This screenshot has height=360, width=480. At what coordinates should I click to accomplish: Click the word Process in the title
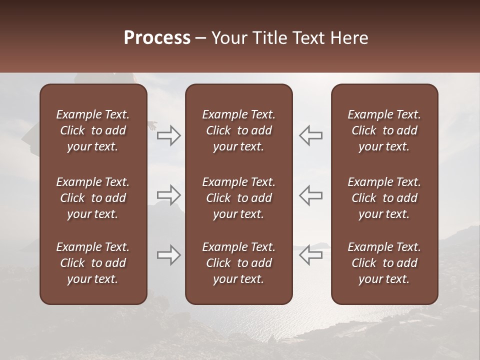[x=157, y=38]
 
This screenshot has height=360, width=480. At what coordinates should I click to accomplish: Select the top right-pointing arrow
[x=168, y=135]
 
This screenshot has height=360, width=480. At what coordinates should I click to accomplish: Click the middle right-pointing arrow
[x=168, y=195]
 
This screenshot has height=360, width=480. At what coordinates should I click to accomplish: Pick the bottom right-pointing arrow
[x=168, y=255]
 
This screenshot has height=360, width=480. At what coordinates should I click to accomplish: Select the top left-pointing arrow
[x=311, y=135]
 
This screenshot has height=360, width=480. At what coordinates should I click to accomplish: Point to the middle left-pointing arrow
[x=311, y=195]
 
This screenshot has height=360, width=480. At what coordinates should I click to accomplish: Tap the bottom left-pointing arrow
[x=311, y=255]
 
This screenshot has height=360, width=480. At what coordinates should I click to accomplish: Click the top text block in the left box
[x=93, y=130]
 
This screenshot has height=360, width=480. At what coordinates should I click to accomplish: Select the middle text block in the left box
[x=93, y=198]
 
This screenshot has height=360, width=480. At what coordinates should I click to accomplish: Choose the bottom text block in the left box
[x=93, y=263]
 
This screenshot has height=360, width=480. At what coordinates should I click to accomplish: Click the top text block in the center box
[x=239, y=130]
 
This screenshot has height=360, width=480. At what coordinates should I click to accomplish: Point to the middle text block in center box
[x=239, y=198]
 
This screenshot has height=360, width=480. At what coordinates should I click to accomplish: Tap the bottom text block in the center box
[x=239, y=263]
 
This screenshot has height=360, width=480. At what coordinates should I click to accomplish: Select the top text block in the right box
[x=384, y=130]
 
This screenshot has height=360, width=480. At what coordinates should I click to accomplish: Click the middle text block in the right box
[x=384, y=198]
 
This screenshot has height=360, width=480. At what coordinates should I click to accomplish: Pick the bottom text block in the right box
[x=384, y=263]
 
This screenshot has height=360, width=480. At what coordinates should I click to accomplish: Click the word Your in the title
[x=227, y=38]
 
